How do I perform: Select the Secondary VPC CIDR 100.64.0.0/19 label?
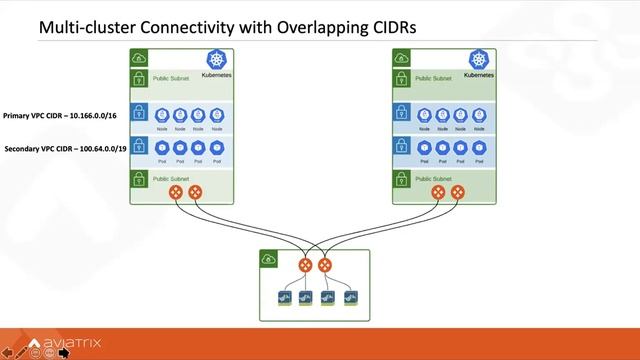[x=66, y=149]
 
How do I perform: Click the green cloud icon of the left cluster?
[x=139, y=57]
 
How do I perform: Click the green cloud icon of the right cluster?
[x=402, y=57]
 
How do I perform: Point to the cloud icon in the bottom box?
[x=268, y=258]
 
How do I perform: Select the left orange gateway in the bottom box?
[x=305, y=266]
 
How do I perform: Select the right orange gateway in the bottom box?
[x=324, y=266]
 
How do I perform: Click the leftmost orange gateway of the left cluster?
[x=176, y=192]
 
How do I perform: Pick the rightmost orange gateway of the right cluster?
[x=458, y=192]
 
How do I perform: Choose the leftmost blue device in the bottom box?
[x=284, y=299]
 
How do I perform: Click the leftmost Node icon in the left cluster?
[x=163, y=115]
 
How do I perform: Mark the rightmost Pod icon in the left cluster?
[x=215, y=147]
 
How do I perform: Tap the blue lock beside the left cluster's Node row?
[x=139, y=114]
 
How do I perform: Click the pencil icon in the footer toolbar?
[x=20, y=353]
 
